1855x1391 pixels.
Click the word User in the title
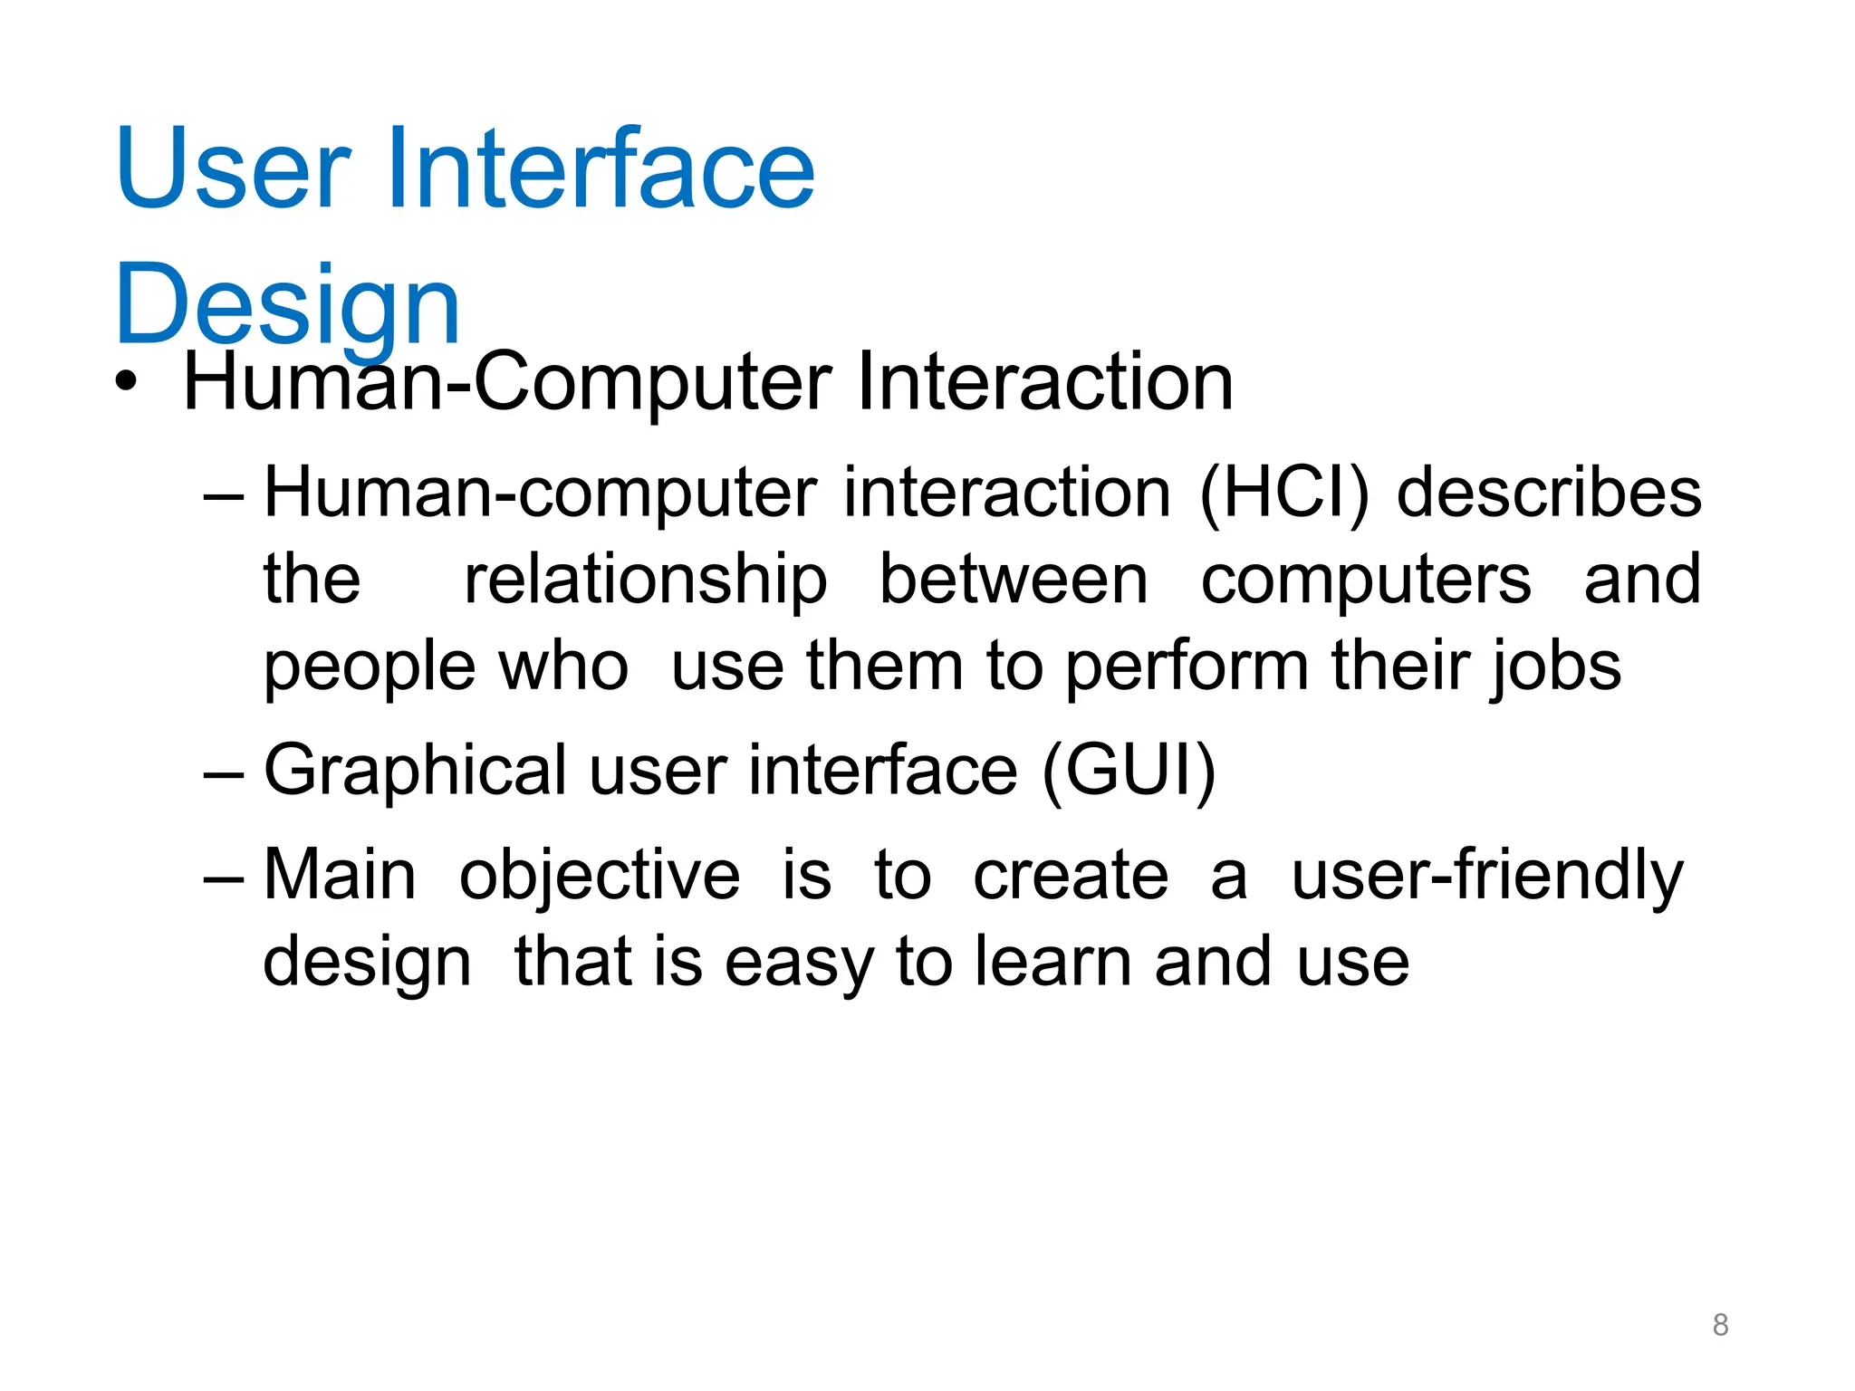pyautogui.click(x=233, y=169)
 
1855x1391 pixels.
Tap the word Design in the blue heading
pyautogui.click(x=288, y=305)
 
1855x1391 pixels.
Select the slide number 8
pyautogui.click(x=1720, y=1325)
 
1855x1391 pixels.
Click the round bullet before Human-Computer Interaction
pyautogui.click(x=127, y=382)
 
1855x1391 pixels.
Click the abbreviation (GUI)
pyautogui.click(x=1129, y=771)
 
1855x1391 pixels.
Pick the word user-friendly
pyautogui.click(x=1486, y=876)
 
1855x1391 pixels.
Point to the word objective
pyautogui.click(x=599, y=876)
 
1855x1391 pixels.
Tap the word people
pyautogui.click(x=369, y=667)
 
